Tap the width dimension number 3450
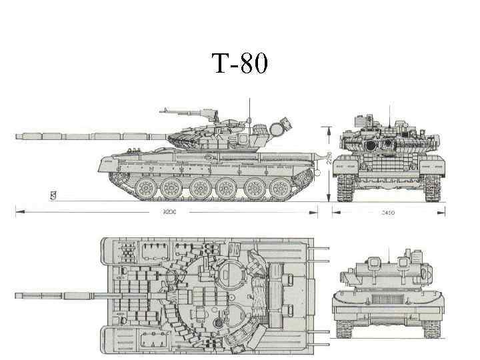click(389, 212)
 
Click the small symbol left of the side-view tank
click(52, 195)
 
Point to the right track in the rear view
click(432, 326)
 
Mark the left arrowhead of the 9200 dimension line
click(17, 212)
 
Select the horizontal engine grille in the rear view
click(389, 299)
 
